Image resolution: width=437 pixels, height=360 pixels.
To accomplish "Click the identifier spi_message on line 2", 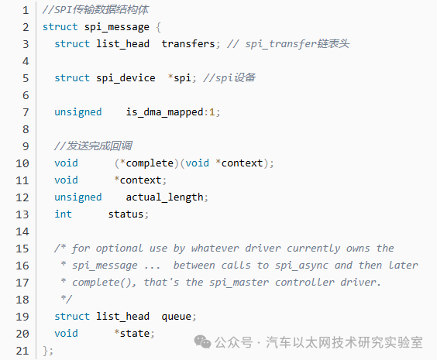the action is coord(117,27).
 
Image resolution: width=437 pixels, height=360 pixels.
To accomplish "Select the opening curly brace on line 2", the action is coord(158,27).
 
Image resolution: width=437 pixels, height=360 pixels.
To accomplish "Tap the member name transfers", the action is coord(188,43).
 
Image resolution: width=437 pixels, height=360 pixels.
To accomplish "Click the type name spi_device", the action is coord(126,78).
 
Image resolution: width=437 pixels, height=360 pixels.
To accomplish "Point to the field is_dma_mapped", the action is coord(164,112).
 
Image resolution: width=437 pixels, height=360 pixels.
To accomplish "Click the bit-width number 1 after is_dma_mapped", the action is coord(212,112).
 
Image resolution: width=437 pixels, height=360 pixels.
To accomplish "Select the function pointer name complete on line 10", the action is coord(150,163).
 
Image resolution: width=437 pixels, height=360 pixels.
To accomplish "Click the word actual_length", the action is coord(164,197).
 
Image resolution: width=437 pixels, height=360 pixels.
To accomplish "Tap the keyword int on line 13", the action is coord(64,214).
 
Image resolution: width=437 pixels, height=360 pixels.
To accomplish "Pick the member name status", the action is coord(126,214).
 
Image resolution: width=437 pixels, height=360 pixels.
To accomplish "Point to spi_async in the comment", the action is coord(301,266).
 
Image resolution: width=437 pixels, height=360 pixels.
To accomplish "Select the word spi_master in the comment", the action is coord(239,283).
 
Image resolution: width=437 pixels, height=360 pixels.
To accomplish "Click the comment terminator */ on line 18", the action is coord(67,299).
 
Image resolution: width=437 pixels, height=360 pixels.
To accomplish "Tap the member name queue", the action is coord(177,317).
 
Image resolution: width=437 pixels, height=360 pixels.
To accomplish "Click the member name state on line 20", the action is coord(135,334).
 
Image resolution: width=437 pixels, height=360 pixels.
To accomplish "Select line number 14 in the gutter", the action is coord(22,231).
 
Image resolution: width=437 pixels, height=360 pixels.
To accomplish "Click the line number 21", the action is coord(22,351).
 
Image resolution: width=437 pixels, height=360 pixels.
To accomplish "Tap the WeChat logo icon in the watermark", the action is coord(202,342).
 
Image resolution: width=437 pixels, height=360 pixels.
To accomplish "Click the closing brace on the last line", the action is coord(45,351).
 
